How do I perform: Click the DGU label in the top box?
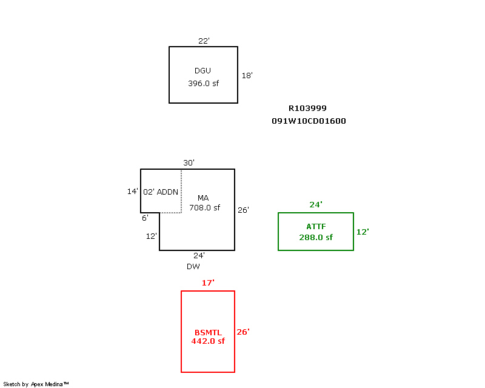pos(203,71)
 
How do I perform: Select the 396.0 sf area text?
pos(203,84)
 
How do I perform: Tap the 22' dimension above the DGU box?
pos(204,41)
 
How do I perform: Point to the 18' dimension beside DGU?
pos(247,76)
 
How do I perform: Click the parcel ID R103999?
pos(307,109)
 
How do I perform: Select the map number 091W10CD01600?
pos(309,121)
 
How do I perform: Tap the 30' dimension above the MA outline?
pos(189,163)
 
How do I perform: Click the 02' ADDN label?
pos(161,192)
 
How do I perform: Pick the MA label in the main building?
pos(203,198)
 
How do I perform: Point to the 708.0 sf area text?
pos(204,207)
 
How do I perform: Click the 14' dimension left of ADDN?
pos(132,192)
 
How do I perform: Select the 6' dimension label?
pos(145,218)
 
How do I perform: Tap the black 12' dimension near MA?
pos(151,236)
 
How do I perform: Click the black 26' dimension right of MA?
pos(243,210)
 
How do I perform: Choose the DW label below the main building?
pos(193,266)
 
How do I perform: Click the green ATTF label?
pos(316,227)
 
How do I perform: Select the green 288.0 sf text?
pos(316,238)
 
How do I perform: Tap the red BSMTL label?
pos(208,333)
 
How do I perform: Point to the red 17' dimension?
pos(208,283)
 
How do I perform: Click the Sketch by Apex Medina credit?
pos(36,384)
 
